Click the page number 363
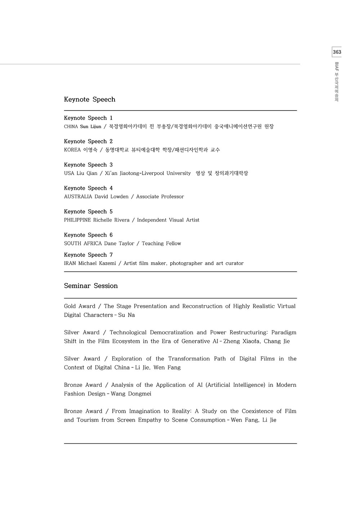(337, 52)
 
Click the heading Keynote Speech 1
(88, 118)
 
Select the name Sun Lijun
(91, 126)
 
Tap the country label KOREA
(72, 150)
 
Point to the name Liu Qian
(87, 173)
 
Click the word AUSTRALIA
(78, 197)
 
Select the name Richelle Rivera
(111, 220)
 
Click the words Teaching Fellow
(161, 243)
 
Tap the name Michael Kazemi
(97, 263)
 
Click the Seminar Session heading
(91, 286)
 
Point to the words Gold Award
(80, 306)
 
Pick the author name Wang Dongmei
(131, 394)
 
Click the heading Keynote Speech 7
(88, 255)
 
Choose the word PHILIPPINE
(77, 220)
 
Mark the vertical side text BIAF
(337, 67)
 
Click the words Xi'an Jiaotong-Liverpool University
(148, 173)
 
